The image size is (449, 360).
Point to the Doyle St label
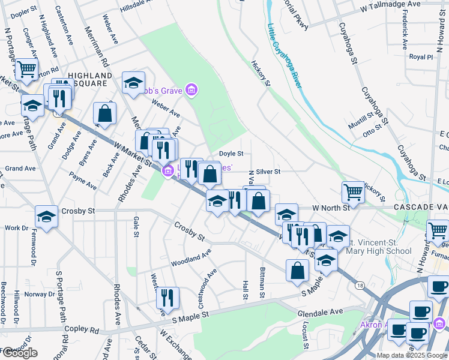231,154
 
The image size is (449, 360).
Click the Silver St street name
268,172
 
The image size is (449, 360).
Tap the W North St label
331,208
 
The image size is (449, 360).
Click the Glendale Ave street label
320,312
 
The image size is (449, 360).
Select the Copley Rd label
86,329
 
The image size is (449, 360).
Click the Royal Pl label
421,57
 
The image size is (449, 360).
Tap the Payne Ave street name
83,181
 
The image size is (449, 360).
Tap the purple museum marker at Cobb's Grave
191,91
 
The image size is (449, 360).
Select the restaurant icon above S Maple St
167,298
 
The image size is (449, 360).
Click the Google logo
20,353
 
